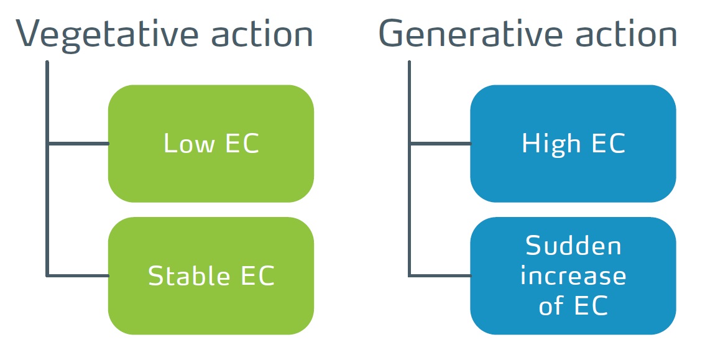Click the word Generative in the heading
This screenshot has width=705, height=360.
click(470, 34)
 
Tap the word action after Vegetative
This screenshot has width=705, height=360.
click(262, 34)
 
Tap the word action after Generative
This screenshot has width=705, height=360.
click(626, 34)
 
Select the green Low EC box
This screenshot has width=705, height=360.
click(211, 144)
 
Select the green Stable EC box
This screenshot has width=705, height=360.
click(211, 275)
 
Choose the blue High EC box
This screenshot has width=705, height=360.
click(573, 144)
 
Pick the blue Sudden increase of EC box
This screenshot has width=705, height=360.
click(573, 275)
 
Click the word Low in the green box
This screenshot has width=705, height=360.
click(189, 144)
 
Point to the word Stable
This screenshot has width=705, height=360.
click(189, 275)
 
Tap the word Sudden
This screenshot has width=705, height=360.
click(573, 246)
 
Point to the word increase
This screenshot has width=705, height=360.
click(573, 275)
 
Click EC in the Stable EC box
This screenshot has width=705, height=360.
click(258, 275)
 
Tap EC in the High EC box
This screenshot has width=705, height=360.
click(609, 144)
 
